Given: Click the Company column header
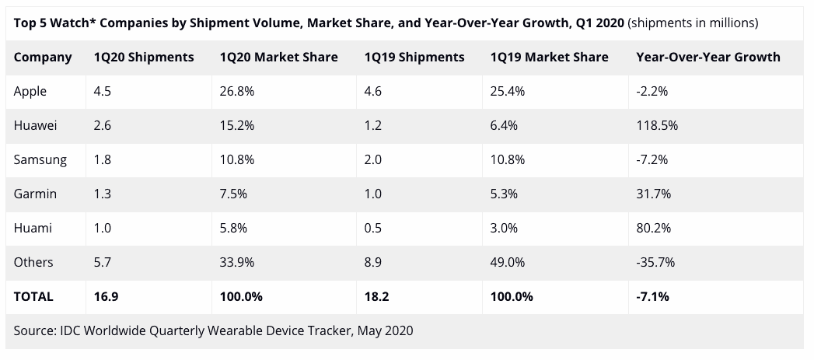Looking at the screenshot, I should click(x=43, y=58).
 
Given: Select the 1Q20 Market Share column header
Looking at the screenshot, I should click(x=279, y=58).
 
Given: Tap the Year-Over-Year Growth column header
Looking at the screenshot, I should click(x=707, y=58).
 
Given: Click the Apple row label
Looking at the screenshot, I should click(x=30, y=92).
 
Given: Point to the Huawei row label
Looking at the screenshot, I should click(x=36, y=125).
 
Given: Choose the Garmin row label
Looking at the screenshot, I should click(x=36, y=194).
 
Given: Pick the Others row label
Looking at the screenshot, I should click(x=33, y=262).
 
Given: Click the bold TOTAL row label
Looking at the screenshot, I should click(x=33, y=296).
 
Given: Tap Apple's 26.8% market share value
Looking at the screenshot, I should click(x=236, y=92).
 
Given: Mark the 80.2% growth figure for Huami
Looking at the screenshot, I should click(x=652, y=228).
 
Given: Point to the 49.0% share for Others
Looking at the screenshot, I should click(x=508, y=262).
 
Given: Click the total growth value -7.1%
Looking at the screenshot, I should click(x=652, y=296).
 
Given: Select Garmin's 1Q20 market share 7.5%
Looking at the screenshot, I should click(x=232, y=194).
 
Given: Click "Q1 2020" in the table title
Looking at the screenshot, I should click(x=596, y=23).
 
